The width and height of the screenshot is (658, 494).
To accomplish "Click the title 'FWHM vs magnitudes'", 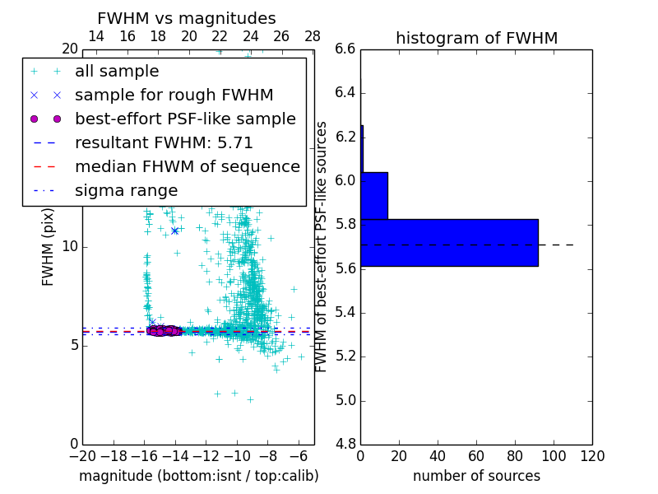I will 187,19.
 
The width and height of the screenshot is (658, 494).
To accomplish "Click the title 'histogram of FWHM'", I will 476,38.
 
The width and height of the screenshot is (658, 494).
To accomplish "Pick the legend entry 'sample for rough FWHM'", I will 174,95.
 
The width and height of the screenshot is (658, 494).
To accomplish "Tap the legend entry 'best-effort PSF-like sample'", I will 185,119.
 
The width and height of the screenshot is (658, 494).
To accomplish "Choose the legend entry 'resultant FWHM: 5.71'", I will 164,142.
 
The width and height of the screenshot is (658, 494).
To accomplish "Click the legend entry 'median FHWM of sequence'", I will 187,166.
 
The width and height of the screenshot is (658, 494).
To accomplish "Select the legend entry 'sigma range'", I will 126,190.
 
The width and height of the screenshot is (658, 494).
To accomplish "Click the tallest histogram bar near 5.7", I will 449,243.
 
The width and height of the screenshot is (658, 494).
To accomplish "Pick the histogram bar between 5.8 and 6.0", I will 374,196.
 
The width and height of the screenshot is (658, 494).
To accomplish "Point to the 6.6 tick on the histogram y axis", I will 345,49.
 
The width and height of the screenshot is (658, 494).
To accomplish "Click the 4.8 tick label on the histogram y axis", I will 345,445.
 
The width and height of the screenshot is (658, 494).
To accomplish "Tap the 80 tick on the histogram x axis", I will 515,456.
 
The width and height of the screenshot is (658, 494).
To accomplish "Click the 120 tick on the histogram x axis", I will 592,456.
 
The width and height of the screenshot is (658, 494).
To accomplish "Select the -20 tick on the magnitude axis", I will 82,456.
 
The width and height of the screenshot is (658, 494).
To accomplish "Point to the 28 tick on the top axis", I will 313,36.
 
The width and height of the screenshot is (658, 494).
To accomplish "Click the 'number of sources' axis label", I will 476,476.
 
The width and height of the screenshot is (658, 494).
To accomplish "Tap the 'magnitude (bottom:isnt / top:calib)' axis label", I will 198,476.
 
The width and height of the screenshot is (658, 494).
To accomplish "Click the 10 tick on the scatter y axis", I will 70,246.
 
